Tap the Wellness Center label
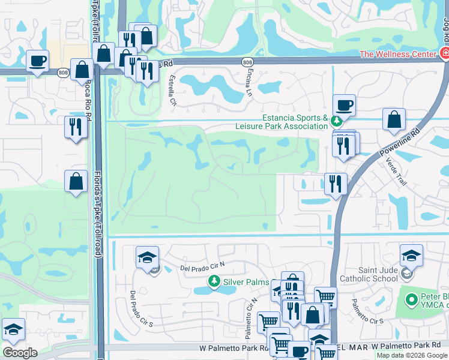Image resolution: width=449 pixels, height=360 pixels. tap(397, 54)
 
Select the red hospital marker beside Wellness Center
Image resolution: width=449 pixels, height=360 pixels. tap(445, 54)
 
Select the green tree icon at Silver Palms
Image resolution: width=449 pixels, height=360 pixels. tap(214, 280)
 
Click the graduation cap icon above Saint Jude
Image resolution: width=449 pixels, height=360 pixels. tap(411, 256)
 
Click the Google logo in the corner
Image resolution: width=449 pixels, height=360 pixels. tap(20, 353)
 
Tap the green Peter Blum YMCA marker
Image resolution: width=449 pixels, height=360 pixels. tap(411, 298)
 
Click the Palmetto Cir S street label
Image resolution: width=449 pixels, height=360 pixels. tap(367, 312)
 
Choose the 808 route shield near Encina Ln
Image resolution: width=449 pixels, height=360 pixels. tap(248, 62)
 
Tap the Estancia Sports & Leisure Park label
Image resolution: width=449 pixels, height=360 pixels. tap(294, 122)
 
